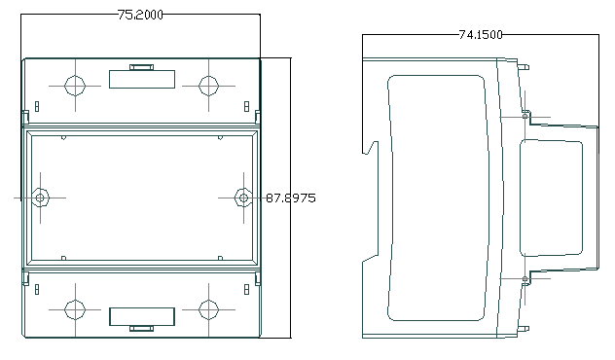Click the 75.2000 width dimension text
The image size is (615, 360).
click(140, 15)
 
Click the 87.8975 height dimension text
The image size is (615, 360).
click(291, 198)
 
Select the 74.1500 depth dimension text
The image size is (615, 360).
click(481, 35)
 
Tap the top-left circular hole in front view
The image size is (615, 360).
click(75, 86)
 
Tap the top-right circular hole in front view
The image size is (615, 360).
click(208, 86)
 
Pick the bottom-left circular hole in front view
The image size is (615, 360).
click(75, 309)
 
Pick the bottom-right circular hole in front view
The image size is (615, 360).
click(208, 309)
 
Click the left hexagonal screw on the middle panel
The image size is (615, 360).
click(40, 198)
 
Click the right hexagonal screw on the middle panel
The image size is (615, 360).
click(243, 198)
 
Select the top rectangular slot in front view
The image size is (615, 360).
click(142, 79)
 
